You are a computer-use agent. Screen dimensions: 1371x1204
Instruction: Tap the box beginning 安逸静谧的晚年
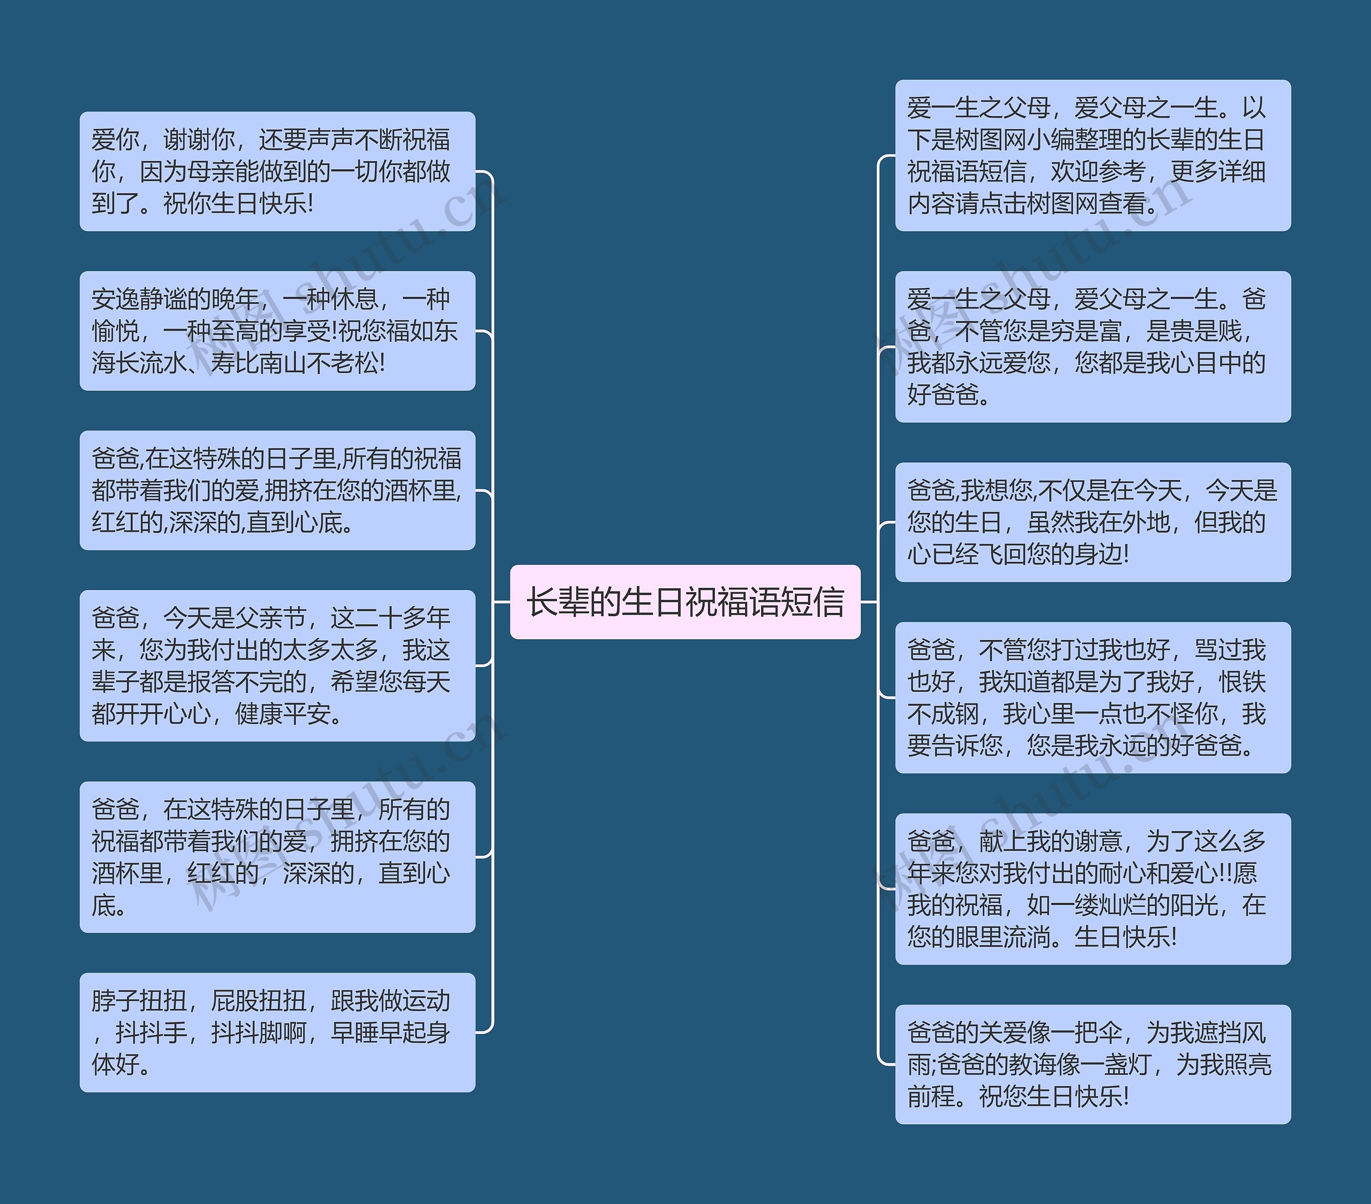277,330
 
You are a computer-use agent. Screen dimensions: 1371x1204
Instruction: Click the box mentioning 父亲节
277,665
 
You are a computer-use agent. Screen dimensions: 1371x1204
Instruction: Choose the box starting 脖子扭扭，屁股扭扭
277,1032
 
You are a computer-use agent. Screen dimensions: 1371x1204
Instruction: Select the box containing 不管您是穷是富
1093,346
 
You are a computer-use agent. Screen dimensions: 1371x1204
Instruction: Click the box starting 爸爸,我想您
1093,521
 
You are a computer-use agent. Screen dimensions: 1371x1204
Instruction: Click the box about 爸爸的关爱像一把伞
1093,1064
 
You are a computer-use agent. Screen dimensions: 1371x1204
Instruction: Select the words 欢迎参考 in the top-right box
1097,172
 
